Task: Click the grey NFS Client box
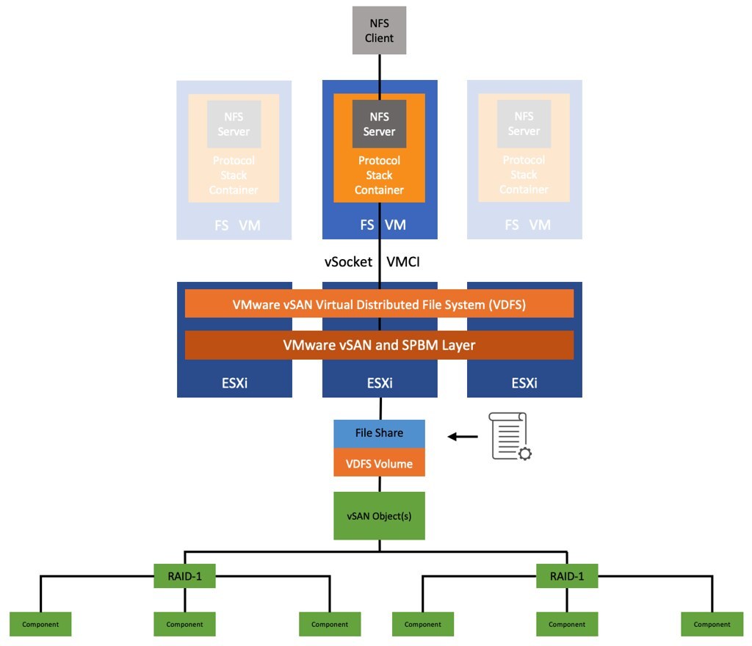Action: tap(379, 30)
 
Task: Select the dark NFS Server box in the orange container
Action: tap(379, 124)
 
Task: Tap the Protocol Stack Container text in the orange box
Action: tap(379, 175)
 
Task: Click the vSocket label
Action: tap(348, 262)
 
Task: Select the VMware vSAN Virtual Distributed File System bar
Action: tap(379, 304)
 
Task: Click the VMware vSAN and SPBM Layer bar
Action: tap(379, 345)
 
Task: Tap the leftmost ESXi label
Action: tap(234, 383)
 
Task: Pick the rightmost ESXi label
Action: tap(524, 383)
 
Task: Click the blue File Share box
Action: tap(379, 433)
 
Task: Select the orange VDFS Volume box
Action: tap(379, 464)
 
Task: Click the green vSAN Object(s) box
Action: tap(379, 516)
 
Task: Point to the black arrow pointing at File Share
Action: tap(463, 437)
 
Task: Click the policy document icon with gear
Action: tap(510, 437)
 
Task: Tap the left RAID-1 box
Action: tap(184, 576)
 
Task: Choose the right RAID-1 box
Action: tap(567, 576)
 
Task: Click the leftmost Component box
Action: tap(40, 624)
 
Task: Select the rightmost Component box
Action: tap(712, 624)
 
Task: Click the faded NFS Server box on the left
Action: tap(234, 124)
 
